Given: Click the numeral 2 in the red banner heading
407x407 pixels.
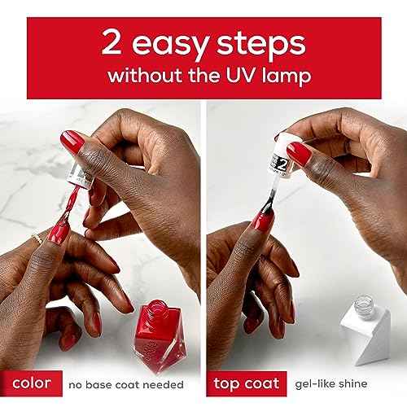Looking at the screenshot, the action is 111,42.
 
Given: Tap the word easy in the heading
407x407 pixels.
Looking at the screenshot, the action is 170,45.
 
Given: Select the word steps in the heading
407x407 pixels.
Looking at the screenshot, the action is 261,45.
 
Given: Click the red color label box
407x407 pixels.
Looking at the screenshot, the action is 31,383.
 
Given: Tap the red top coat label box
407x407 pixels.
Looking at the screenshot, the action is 247,383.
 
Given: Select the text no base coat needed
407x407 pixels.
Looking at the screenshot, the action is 126,385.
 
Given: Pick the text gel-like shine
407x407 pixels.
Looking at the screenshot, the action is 331,383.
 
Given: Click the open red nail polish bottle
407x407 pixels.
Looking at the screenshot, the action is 160,335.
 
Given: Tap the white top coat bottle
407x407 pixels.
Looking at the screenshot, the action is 365,330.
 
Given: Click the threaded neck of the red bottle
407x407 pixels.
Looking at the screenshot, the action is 158,309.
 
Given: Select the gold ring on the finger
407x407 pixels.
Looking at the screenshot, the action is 37,239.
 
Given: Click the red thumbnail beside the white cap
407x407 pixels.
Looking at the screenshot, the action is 299,153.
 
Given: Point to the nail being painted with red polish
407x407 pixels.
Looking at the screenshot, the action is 59,232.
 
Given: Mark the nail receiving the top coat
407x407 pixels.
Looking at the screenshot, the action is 263,221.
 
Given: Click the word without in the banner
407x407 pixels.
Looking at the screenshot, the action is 145,75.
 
